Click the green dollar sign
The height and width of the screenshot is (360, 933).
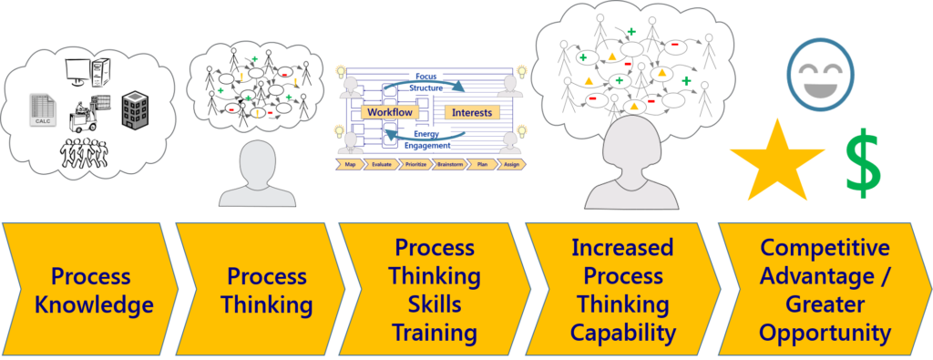coord(863,161)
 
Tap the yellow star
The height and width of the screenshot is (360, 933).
coord(776,162)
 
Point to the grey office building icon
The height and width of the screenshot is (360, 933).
coord(135,109)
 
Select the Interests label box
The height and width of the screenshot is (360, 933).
coord(471,112)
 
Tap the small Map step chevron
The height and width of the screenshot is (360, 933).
coord(351,165)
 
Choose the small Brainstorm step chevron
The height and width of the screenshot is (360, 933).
coord(449,165)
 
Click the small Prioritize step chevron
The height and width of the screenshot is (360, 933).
coord(415,165)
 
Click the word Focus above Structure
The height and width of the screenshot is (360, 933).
coord(427,76)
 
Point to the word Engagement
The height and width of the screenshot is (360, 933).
coord(427,144)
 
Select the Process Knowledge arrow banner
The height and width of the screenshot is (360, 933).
coord(87,291)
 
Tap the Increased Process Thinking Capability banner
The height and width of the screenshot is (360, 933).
coord(621,291)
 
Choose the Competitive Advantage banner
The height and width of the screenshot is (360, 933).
coord(824,291)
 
